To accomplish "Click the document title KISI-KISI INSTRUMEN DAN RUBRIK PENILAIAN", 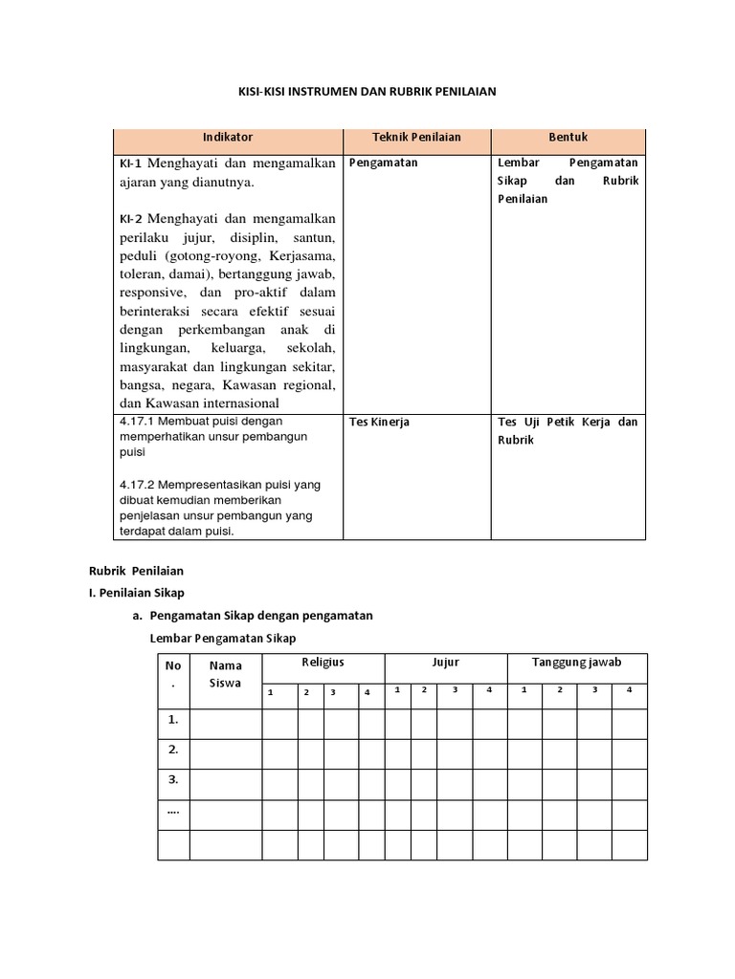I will pos(367,92).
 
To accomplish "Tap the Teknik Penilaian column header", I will pos(416,138).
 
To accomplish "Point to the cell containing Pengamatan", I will pos(384,163).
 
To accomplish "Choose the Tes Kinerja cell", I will pos(380,423).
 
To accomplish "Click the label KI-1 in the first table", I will pos(131,164).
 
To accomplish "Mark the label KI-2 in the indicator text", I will pos(131,219).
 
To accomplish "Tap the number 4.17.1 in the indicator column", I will pos(138,421).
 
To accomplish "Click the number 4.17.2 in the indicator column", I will pos(138,485).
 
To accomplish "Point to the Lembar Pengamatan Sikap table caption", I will pos(224,638).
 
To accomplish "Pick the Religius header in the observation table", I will pos(323,663).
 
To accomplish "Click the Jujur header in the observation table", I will pos(445,663).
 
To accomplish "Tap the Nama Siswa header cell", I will pos(225,674).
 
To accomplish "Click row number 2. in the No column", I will pos(173,751).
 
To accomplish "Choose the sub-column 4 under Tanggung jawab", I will pos(629,690).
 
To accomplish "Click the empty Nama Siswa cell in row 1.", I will pos(225,722).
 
